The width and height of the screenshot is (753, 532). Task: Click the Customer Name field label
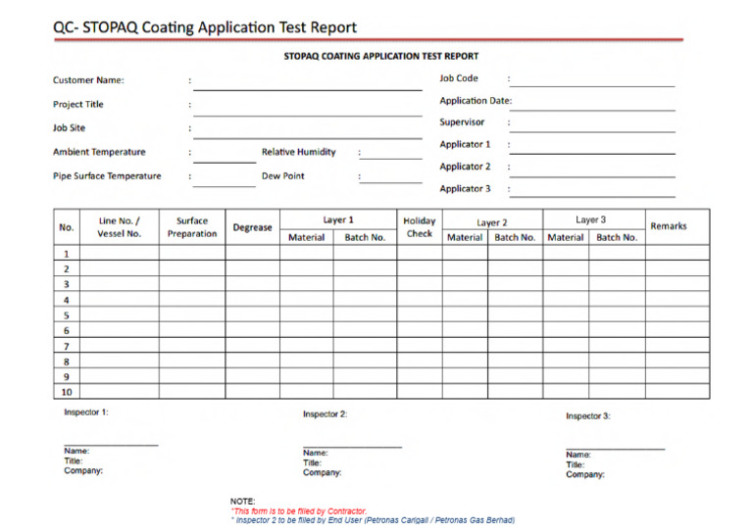(88, 80)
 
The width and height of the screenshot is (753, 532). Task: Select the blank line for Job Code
(591, 85)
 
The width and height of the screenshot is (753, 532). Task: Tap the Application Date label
(476, 101)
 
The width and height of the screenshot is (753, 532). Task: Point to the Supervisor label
(462, 122)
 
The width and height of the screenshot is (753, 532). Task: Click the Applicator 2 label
(465, 167)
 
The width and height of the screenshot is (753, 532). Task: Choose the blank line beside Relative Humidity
(390, 157)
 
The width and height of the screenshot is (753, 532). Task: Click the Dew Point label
(283, 176)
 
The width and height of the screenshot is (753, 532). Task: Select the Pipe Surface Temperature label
(107, 176)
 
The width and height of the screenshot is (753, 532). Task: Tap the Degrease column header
(252, 227)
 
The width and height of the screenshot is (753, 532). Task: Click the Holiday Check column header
(419, 227)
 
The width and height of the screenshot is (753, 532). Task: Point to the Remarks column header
(668, 226)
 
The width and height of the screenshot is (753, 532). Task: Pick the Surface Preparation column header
(192, 227)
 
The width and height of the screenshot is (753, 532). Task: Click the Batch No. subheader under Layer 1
(365, 238)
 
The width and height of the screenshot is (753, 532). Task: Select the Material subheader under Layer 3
(566, 238)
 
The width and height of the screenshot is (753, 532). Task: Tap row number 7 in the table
(67, 346)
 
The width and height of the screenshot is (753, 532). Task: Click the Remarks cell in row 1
(677, 253)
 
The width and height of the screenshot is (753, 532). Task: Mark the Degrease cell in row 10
(252, 392)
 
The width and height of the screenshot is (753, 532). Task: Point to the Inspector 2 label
(325, 414)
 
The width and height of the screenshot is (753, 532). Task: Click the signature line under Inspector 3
(615, 449)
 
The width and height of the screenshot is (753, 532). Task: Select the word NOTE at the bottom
(243, 502)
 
